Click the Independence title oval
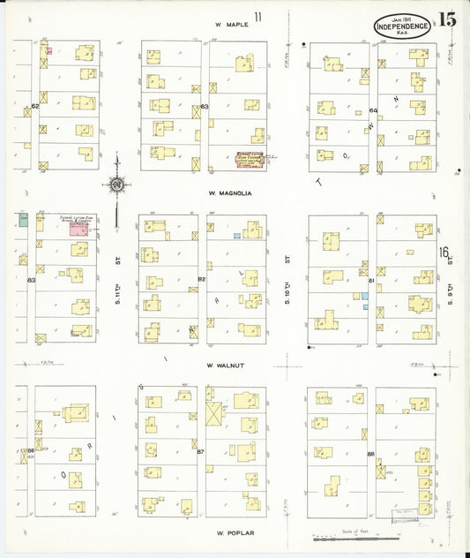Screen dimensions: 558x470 pos(402,26)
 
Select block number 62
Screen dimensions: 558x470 pos(35,106)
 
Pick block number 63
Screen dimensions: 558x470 pos(204,108)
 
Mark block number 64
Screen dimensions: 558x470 pos(373,110)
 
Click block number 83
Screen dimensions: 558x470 pos(31,280)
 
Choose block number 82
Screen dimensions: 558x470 pos(201,279)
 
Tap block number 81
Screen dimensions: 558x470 pos(371,281)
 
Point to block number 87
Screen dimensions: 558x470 pos(200,452)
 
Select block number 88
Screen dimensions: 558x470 pos(370,454)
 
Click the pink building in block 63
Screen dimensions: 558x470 pos(250,158)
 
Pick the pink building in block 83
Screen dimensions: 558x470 pos(79,228)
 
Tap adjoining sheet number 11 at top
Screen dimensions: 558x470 pos(258,17)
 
